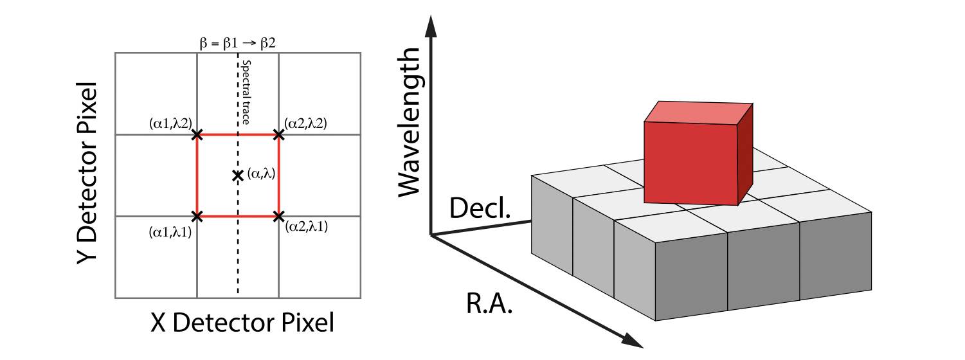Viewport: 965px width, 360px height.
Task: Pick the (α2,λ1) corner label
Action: tap(306, 227)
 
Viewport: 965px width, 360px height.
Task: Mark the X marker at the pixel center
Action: tap(237, 175)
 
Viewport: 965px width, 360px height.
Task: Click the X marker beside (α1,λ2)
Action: tap(197, 135)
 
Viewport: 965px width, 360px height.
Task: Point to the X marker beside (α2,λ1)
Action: tap(278, 216)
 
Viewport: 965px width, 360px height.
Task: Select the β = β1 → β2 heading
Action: tap(238, 43)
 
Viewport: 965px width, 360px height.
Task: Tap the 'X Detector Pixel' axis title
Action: tap(242, 322)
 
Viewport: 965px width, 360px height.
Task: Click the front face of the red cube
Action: tap(690, 162)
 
